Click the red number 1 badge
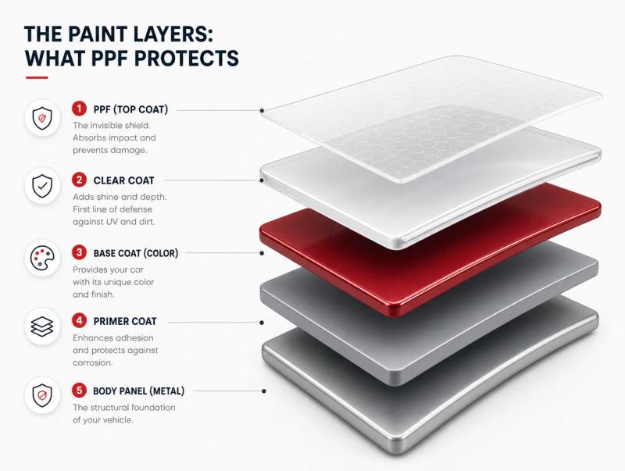(x=80, y=109)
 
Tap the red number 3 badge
(x=80, y=252)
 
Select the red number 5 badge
(x=80, y=390)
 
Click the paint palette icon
(x=42, y=258)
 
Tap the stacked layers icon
(x=42, y=326)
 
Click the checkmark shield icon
(x=42, y=186)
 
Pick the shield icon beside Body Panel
(x=42, y=396)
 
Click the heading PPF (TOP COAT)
(x=130, y=109)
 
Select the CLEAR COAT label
(x=123, y=180)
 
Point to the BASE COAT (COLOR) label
(x=136, y=253)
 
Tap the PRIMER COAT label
(x=125, y=321)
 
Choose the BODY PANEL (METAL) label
(x=139, y=391)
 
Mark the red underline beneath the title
(x=37, y=77)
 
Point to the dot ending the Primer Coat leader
(x=262, y=323)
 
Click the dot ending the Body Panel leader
(x=264, y=391)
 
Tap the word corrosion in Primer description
(x=92, y=363)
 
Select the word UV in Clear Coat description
(x=110, y=222)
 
